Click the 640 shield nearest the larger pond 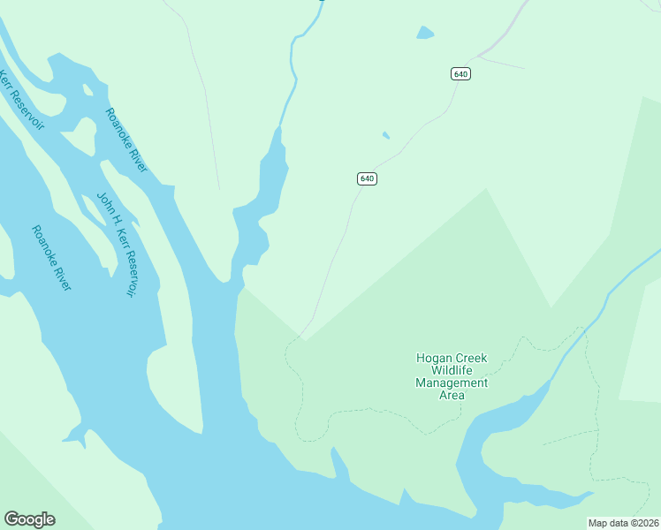tap(460, 74)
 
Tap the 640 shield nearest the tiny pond tap(368, 178)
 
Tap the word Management tap(452, 383)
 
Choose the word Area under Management tap(452, 396)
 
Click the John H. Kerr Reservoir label tap(118, 244)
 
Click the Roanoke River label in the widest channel tap(51, 258)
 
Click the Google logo tap(29, 519)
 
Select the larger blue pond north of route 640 tap(425, 34)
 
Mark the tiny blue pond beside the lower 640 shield tap(385, 135)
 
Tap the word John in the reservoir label tap(103, 206)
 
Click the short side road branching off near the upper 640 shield tap(502, 64)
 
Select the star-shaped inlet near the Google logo tap(76, 435)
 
